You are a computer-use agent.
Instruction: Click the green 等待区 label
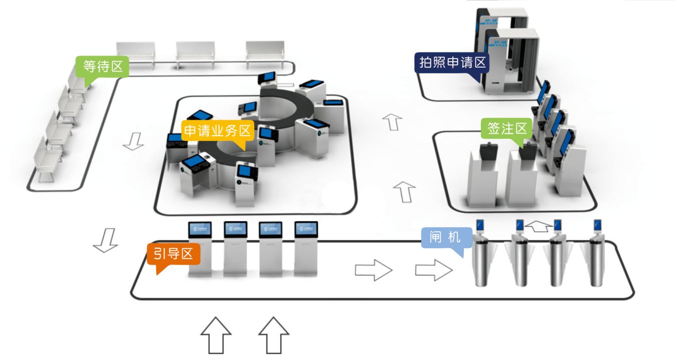pyautogui.click(x=102, y=66)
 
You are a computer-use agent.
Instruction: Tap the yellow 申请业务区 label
pyautogui.click(x=217, y=131)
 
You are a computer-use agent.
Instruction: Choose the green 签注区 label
pyautogui.click(x=507, y=129)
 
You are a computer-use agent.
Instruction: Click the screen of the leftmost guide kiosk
pyautogui.click(x=200, y=229)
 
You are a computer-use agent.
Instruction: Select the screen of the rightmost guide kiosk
pyautogui.click(x=306, y=229)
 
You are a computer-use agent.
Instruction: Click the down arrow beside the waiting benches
pyautogui.click(x=133, y=141)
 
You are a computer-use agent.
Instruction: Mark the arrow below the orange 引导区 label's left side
pyautogui.click(x=106, y=240)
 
